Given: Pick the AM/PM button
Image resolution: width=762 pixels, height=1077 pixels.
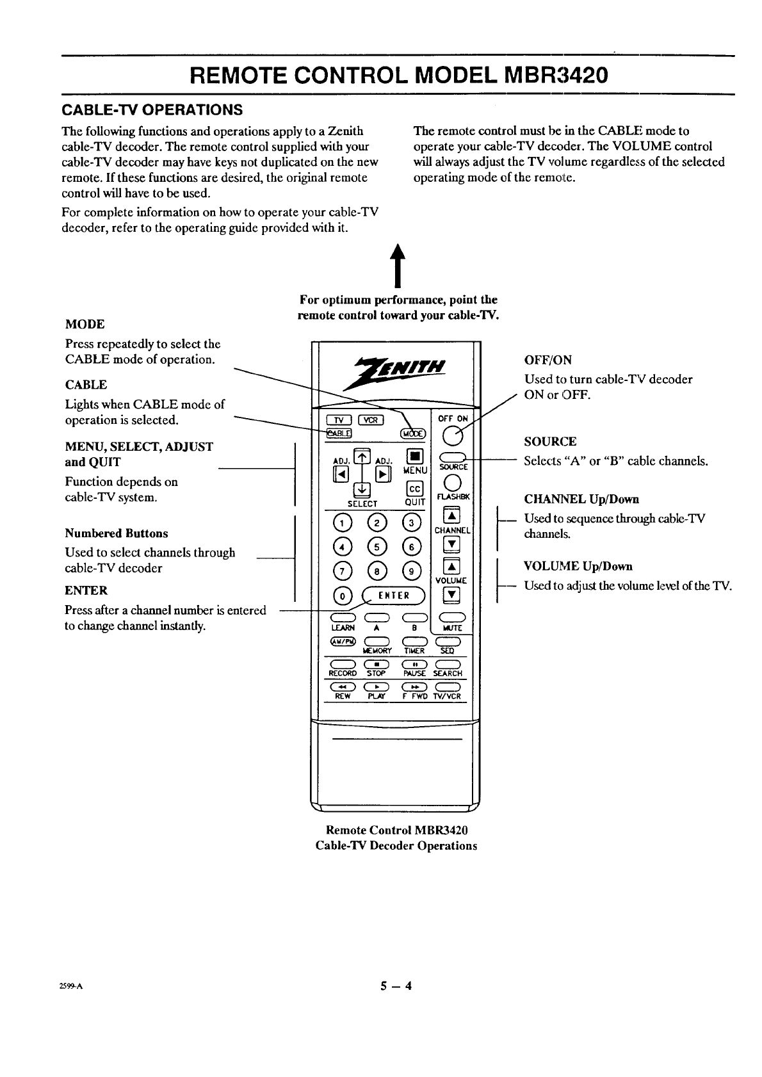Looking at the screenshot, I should click(x=339, y=642).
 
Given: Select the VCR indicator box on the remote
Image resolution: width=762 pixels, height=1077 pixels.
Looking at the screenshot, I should click(x=371, y=420).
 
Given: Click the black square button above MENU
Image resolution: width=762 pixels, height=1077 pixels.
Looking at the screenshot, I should click(x=414, y=457).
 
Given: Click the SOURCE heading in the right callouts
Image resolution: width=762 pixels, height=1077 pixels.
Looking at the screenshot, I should click(x=550, y=441).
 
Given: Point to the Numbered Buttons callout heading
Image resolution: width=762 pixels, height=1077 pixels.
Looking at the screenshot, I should click(x=117, y=533).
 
